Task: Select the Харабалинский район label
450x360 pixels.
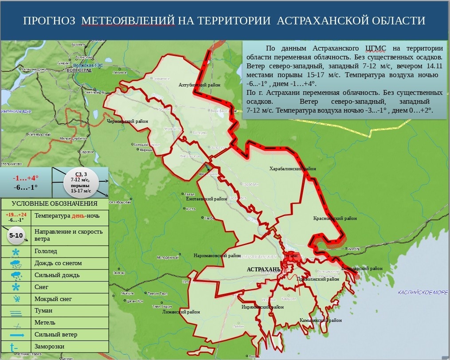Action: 293,169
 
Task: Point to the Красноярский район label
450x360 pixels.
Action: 335,218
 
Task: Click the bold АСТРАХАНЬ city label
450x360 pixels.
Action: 263,269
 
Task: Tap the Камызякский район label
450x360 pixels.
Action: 321,320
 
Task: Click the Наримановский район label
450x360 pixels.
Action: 214,255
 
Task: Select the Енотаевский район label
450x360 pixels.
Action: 207,199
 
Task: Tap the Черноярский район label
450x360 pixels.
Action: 127,121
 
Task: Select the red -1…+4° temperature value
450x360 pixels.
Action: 26,178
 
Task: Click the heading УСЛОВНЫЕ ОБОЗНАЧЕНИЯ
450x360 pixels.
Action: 55,203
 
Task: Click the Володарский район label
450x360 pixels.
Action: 362,268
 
